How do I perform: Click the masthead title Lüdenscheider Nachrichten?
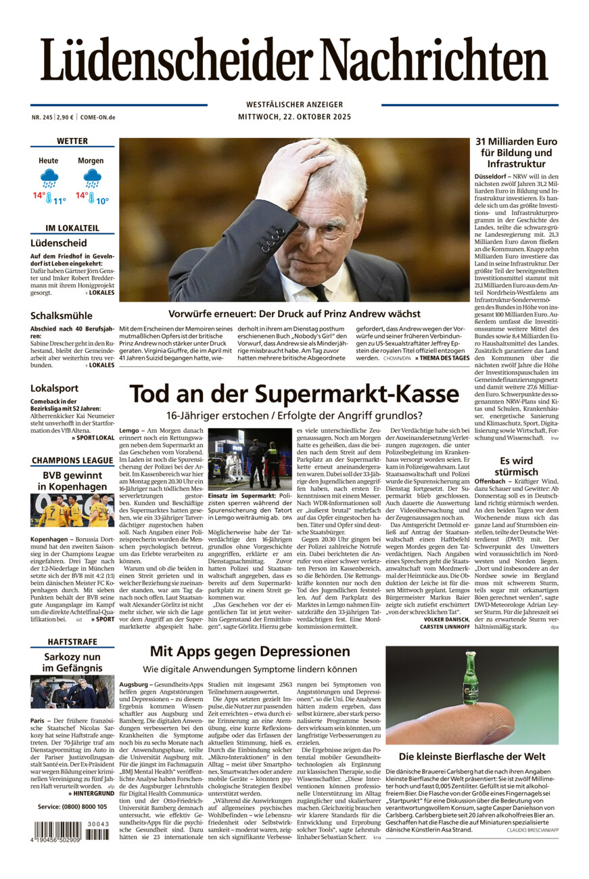point(294,61)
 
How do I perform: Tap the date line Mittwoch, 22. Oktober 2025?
point(294,116)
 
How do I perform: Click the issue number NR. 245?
point(42,117)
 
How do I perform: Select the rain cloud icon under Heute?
point(49,178)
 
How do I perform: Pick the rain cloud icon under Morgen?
point(91,178)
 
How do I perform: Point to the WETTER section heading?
point(72,141)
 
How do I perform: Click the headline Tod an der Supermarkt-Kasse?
point(294,394)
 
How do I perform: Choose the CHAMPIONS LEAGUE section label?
point(72,460)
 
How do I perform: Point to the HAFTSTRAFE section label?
point(72,641)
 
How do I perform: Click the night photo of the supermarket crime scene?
point(250,459)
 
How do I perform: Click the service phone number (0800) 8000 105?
point(72,807)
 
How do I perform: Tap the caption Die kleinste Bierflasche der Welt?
point(471,757)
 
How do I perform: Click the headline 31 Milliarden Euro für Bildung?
point(516,153)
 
